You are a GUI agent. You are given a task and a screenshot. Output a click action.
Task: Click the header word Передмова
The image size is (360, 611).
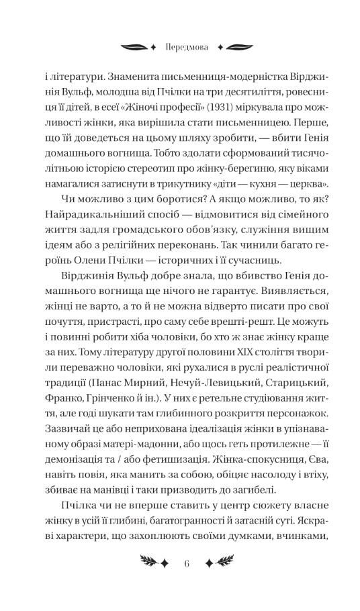point(179,48)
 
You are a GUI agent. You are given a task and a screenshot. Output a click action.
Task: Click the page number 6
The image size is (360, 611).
point(180,563)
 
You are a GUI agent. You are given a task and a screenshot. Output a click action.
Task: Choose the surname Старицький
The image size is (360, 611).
point(291,383)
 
